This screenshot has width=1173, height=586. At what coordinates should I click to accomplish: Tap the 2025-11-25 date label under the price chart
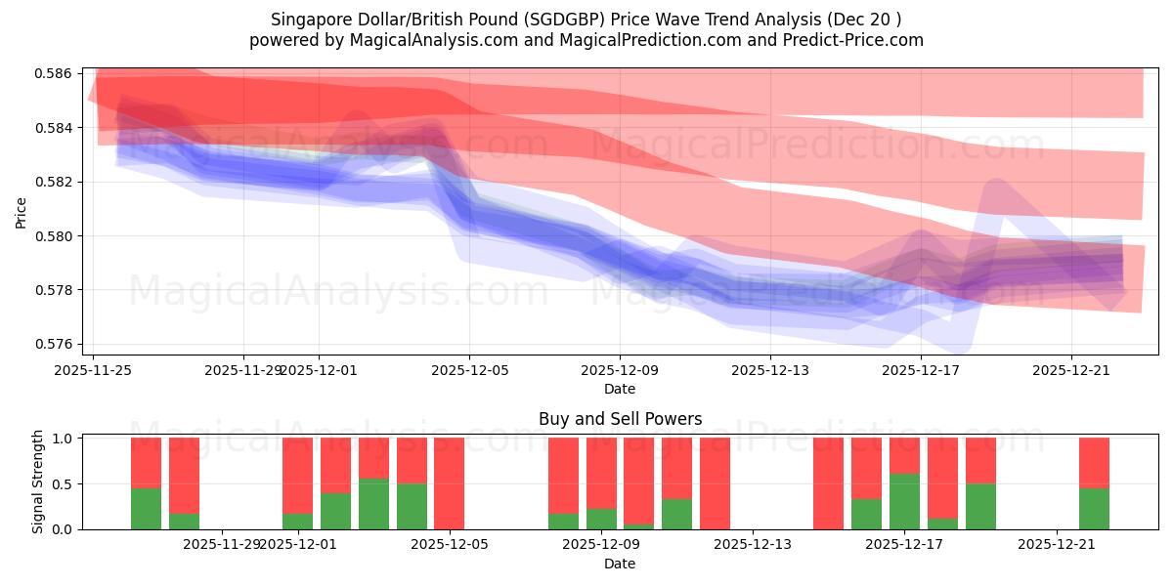point(93,370)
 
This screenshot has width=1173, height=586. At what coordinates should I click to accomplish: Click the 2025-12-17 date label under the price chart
point(920,370)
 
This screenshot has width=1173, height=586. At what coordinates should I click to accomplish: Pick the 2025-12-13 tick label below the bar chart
point(754,544)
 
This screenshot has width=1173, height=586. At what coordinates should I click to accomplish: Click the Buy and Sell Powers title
point(620,419)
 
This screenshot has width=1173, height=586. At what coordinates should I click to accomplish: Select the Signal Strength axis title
point(38,482)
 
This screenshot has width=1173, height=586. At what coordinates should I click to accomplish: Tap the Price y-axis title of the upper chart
point(22,212)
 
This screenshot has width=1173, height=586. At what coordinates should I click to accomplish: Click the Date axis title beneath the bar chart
point(620,564)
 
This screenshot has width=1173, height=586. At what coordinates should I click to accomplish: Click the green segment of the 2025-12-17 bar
point(904,501)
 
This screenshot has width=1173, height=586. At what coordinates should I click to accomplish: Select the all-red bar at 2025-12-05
point(449,483)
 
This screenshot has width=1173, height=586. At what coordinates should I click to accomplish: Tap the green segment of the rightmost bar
point(1094,509)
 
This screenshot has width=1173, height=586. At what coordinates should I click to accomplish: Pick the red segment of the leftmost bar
point(146,463)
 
